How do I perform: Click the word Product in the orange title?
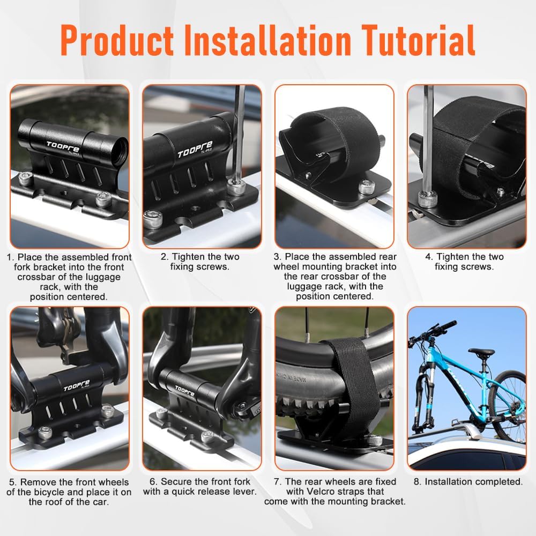click(117, 40)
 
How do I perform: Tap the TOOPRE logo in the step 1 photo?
click(63, 147)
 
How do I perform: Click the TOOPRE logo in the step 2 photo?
click(195, 150)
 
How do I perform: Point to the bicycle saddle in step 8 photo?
click(481, 352)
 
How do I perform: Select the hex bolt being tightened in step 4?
click(428, 199)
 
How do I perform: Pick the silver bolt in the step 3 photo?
click(367, 187)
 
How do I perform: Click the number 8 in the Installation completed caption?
click(416, 482)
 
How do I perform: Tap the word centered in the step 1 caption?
click(87, 297)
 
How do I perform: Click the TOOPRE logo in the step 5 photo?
click(76, 386)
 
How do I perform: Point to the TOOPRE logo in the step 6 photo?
click(184, 390)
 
